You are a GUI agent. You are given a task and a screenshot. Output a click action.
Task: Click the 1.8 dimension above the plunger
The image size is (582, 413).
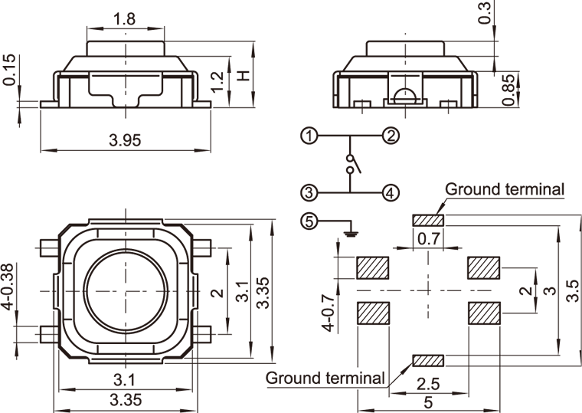pos(126,18)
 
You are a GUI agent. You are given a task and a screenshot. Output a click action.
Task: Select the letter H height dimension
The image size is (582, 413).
pos(244,75)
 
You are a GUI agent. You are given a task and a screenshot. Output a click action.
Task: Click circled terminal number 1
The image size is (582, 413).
pos(309,136)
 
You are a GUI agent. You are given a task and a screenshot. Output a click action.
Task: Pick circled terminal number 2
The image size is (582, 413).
pos(391,136)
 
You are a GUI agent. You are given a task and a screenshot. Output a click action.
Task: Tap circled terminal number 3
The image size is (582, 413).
pos(309,192)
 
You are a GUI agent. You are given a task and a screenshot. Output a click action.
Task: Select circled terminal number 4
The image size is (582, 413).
pos(391,192)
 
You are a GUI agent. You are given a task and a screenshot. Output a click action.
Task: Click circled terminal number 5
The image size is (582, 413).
pos(309,222)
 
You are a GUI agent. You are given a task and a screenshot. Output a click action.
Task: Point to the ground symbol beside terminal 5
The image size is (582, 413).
pos(349,228)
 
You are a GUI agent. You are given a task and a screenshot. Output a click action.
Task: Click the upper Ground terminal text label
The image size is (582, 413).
pos(505,189)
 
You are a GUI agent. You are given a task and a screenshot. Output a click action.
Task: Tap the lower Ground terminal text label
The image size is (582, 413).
pos(325,377)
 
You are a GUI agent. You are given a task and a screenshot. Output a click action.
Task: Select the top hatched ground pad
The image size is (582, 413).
pos(429,221)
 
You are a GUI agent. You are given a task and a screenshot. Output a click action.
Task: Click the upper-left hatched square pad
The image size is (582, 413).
pos(374,267)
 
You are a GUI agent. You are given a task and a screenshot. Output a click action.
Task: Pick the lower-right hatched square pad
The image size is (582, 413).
pos(484,313)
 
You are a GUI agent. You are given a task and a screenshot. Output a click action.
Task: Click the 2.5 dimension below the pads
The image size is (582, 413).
pos(429,383)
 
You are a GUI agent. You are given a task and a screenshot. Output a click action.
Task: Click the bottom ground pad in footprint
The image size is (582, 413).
pos(429,359)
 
